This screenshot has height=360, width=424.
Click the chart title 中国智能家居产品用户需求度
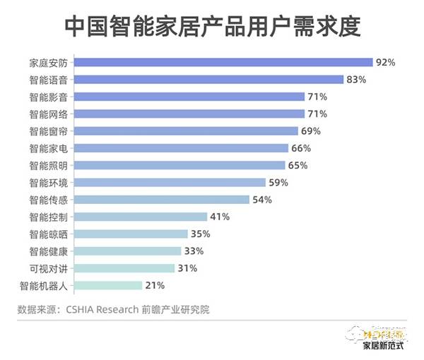(212, 27)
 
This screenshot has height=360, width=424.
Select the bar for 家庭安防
(223, 62)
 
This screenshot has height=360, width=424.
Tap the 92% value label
(385, 62)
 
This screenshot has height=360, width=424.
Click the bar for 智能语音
(208, 80)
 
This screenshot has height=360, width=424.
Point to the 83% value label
(356, 80)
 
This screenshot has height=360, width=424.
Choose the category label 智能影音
(48, 97)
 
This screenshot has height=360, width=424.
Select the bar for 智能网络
(189, 114)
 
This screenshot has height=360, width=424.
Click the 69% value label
(311, 131)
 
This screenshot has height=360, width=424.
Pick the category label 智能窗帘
(48, 131)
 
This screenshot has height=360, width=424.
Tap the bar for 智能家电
(181, 148)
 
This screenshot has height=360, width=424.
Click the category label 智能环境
(48, 183)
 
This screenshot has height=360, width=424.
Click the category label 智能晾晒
(48, 234)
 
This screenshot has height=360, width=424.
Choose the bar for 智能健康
(126, 251)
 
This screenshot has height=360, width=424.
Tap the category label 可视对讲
(48, 268)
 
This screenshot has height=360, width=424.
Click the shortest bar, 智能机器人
(107, 285)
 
